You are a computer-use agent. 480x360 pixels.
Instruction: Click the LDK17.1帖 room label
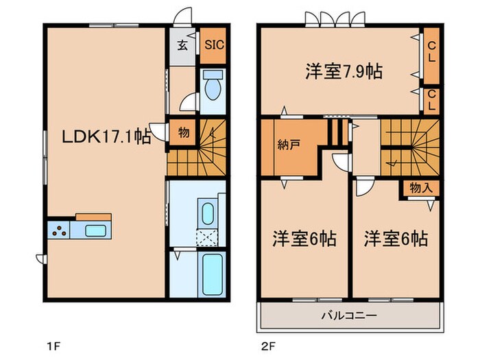[x=107, y=137]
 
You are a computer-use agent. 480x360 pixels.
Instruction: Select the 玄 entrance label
[x=183, y=47]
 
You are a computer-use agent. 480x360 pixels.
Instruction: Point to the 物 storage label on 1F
[x=183, y=132]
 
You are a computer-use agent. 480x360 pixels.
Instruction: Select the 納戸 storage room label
[x=287, y=145]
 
